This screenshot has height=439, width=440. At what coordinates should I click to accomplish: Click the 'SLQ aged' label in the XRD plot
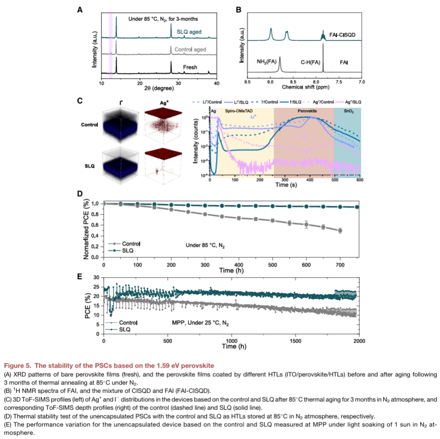coord(188,32)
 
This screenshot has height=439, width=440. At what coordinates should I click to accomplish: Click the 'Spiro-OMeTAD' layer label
coord(238,111)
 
